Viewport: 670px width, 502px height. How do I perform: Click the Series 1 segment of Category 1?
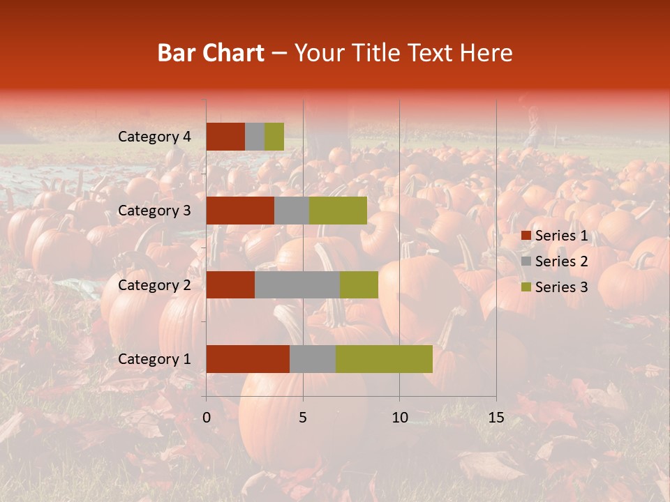[248, 359]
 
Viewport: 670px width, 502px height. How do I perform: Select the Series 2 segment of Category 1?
[313, 359]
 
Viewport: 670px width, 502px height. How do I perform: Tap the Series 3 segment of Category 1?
[384, 359]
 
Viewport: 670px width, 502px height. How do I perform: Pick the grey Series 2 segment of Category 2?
[297, 284]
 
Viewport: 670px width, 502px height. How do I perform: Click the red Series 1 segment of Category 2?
[230, 284]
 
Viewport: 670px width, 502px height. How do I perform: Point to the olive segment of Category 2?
[359, 284]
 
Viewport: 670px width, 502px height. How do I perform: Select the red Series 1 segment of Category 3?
[240, 211]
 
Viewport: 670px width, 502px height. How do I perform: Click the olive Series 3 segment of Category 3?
[338, 211]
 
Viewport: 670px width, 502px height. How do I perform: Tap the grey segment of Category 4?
[255, 137]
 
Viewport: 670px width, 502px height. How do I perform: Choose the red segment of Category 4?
[225, 137]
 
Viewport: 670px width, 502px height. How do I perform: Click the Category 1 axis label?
[154, 359]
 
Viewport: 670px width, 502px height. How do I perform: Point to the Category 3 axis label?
[154, 211]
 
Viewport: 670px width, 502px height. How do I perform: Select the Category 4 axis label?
[154, 137]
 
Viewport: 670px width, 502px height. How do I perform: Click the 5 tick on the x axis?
[303, 418]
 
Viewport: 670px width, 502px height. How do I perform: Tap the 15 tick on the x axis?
[496, 418]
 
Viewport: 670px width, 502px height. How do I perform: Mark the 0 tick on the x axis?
[207, 418]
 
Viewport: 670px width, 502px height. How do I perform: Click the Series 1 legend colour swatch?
[526, 236]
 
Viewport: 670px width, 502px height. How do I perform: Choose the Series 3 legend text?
[561, 287]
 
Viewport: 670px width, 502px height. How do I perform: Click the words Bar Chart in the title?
[211, 53]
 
